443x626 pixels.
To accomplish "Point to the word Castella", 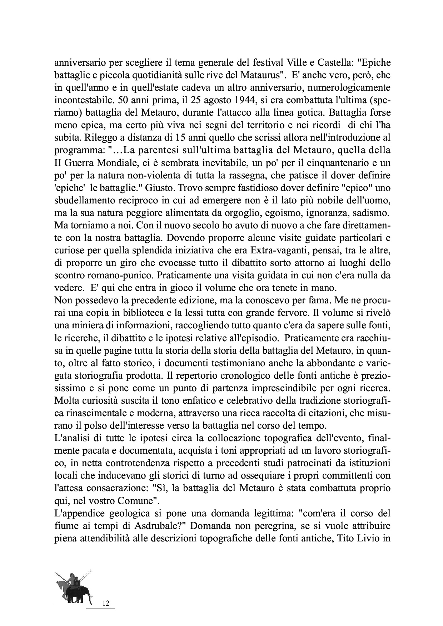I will pyautogui.click(x=334, y=63).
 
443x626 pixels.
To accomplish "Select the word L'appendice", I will pyautogui.click(x=76, y=513).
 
